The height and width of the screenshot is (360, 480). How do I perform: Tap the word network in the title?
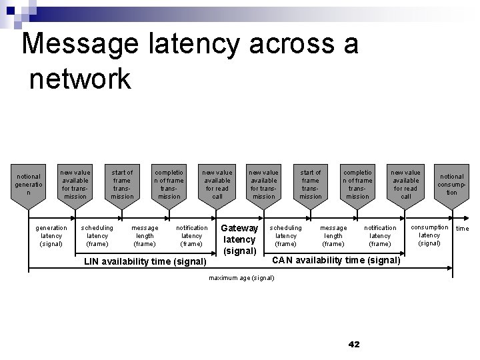[81, 79]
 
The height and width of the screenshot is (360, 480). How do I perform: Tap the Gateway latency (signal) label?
[239, 239]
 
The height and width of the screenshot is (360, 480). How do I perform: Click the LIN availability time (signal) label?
[145, 261]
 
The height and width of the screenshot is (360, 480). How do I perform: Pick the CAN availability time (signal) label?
[336, 259]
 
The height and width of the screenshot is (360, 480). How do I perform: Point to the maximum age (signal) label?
[241, 277]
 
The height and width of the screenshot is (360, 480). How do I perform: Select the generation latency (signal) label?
[51, 235]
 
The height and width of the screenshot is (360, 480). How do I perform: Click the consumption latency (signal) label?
[429, 235]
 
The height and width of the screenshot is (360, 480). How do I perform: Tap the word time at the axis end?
[462, 229]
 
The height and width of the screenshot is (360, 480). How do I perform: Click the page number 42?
[353, 344]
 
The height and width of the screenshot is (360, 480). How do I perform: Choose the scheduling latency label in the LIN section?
[97, 235]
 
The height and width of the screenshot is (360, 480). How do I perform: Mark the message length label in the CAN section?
[333, 235]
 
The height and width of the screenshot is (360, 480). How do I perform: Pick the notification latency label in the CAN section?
[380, 235]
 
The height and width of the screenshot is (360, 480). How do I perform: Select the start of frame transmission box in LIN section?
[122, 185]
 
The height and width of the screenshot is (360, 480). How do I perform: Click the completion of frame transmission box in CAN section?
[357, 185]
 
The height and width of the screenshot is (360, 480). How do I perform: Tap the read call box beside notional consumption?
[405, 185]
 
